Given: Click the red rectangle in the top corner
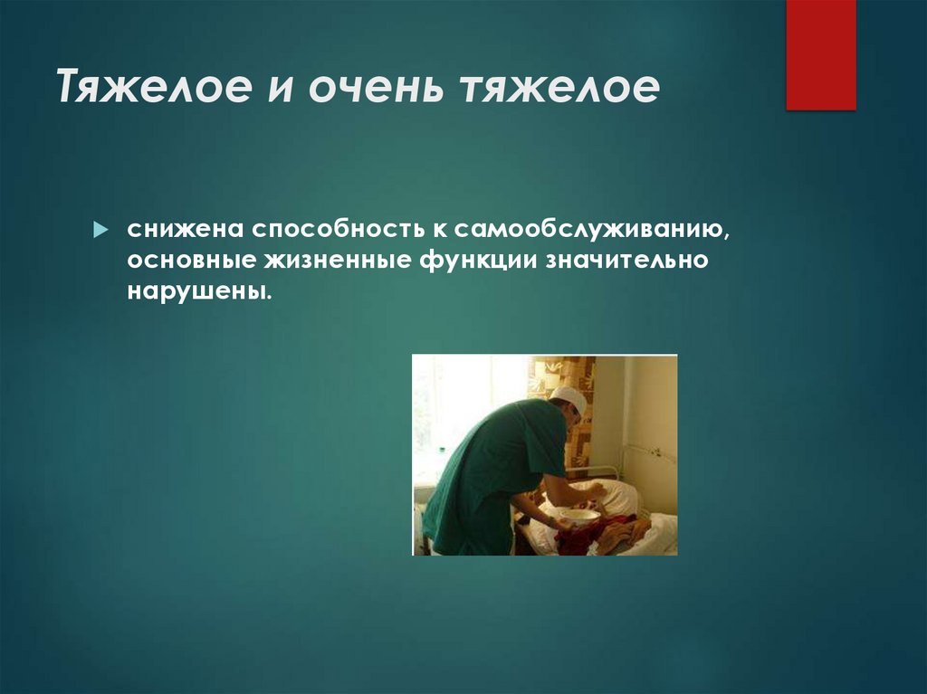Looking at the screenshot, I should pos(820,54).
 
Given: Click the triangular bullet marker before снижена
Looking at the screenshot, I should pos(101,226).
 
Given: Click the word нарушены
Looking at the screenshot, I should pos(199,293).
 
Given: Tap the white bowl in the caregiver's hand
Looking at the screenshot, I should pos(578,517).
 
